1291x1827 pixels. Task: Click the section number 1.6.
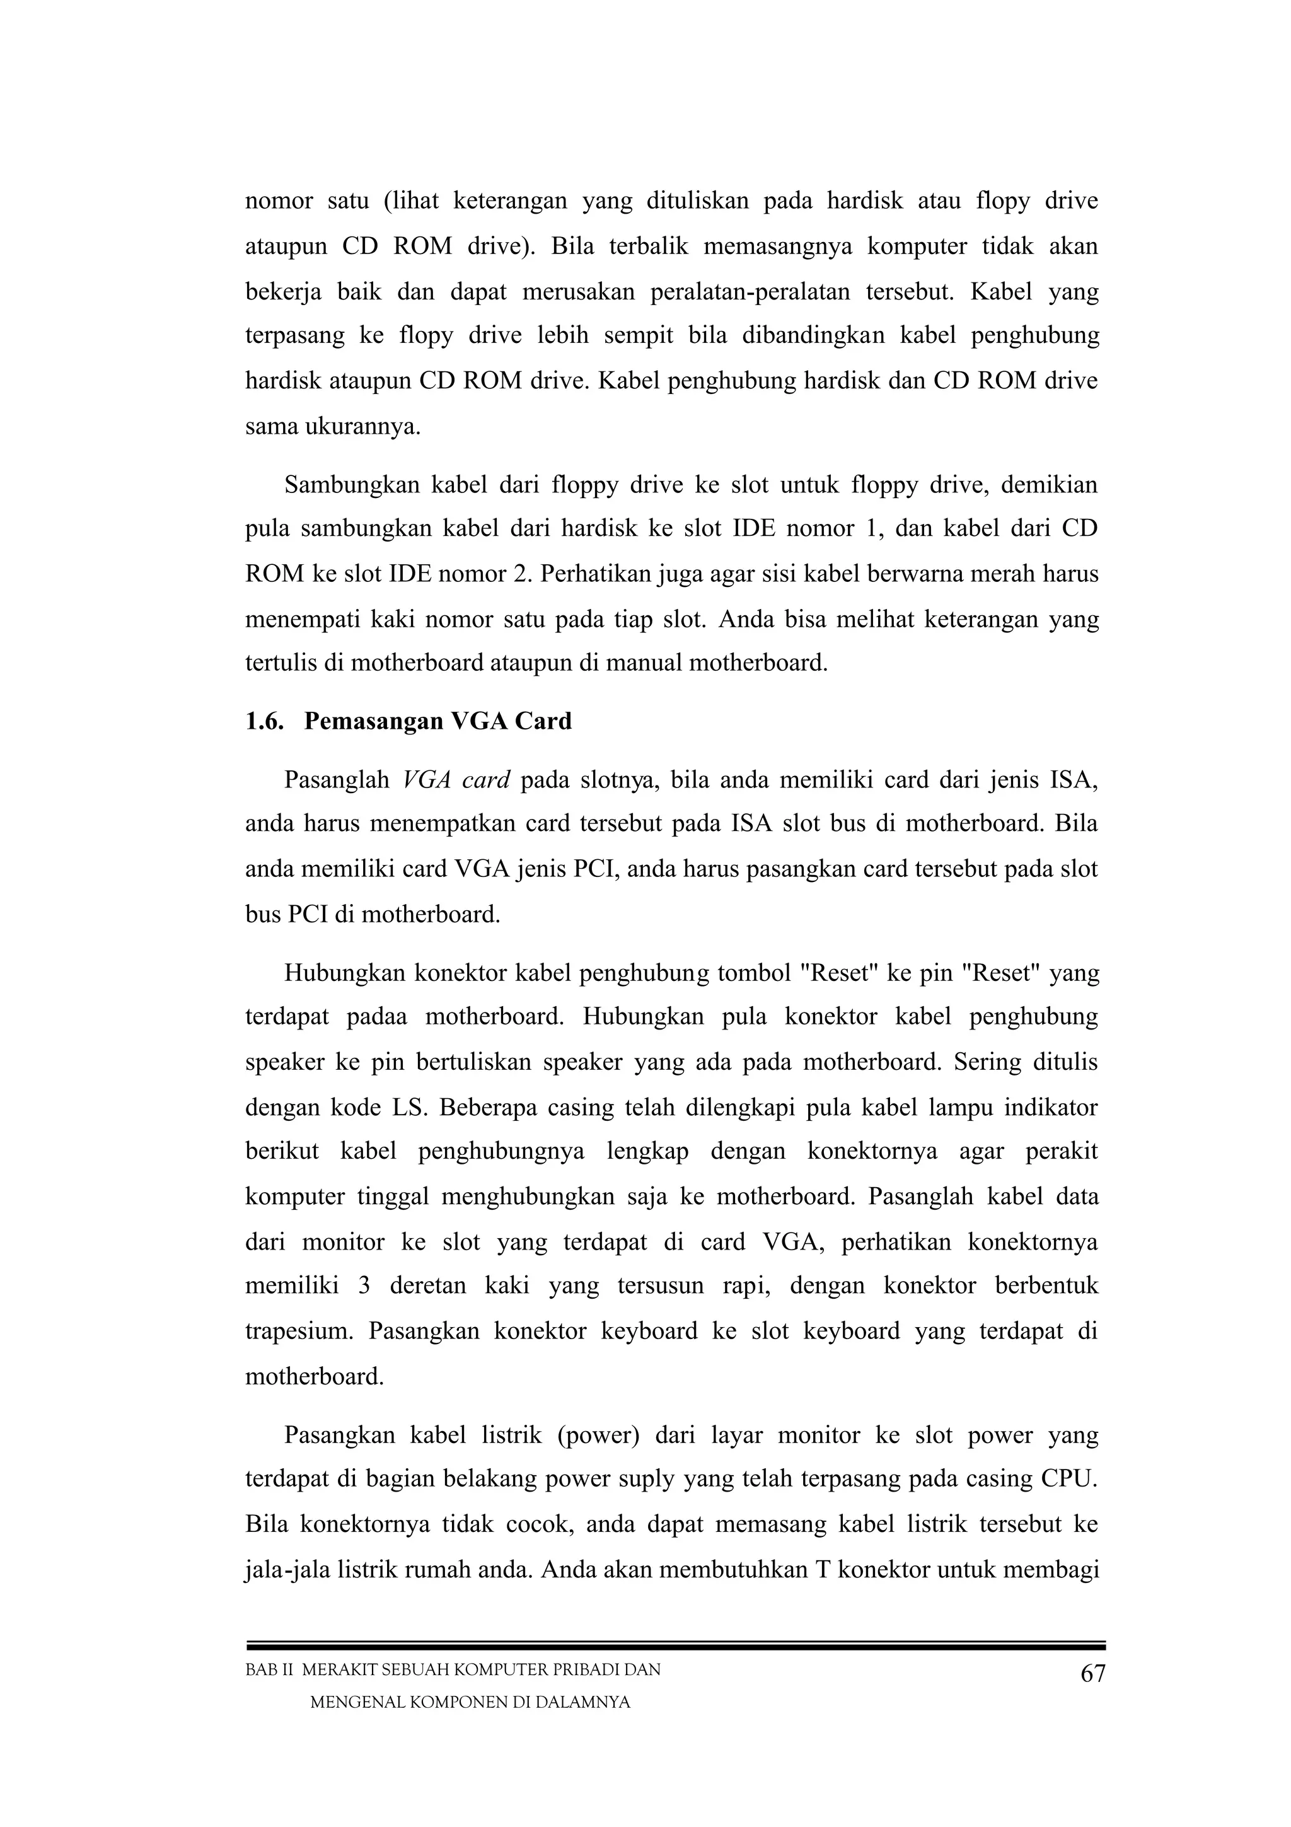[264, 722]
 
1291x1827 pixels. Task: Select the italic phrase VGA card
[456, 780]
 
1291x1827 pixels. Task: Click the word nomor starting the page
[279, 201]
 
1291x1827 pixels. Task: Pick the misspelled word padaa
[377, 1017]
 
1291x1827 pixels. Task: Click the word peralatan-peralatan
[738, 292]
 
